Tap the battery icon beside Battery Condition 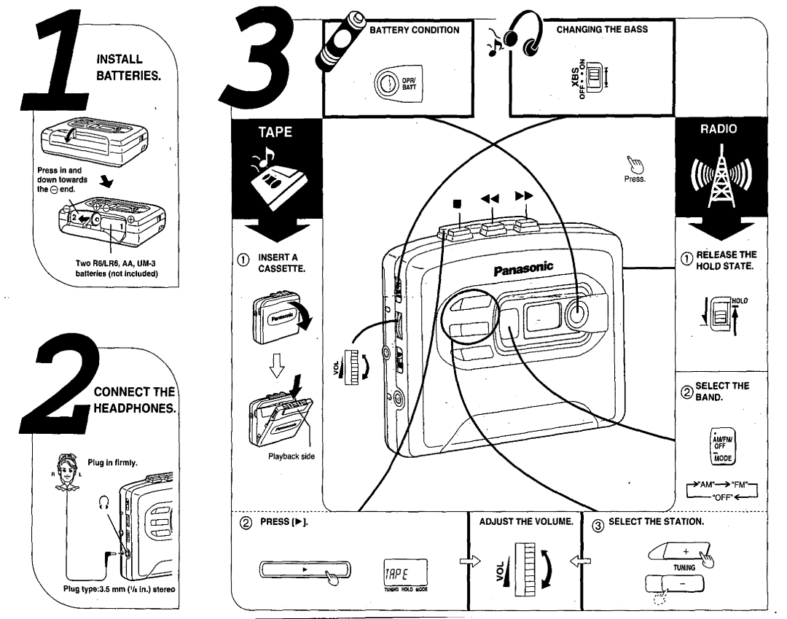pyautogui.click(x=347, y=39)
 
